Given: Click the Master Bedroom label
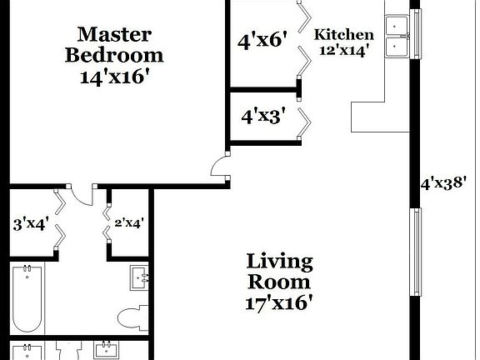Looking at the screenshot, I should click(x=113, y=45).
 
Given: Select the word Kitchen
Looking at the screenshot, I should click(x=342, y=35).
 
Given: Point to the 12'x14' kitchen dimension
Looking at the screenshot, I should click(x=342, y=50).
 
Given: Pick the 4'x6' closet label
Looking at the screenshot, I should click(x=262, y=39).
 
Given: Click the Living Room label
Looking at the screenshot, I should click(x=279, y=272).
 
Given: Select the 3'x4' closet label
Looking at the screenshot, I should click(x=31, y=223).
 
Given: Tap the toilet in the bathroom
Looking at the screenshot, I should click(x=133, y=317).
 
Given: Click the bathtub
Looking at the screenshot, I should click(x=28, y=298).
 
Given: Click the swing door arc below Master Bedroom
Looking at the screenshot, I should click(x=82, y=196).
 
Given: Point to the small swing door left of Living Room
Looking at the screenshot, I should click(x=221, y=167).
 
